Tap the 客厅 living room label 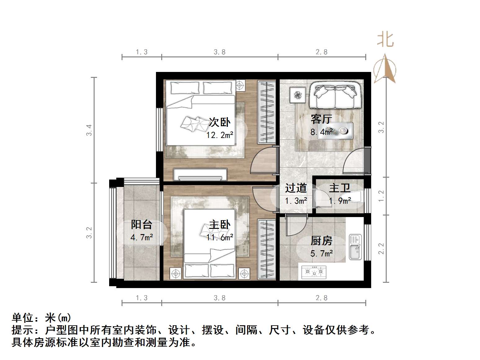pyautogui.click(x=321, y=119)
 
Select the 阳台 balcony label pyautogui.click(x=141, y=224)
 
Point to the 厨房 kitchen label pyautogui.click(x=322, y=241)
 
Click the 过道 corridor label pyautogui.click(x=296, y=188)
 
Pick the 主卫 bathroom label pyautogui.click(x=340, y=188)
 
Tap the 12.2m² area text pyautogui.click(x=220, y=135)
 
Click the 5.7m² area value pyautogui.click(x=322, y=254)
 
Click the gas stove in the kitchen pyautogui.click(x=313, y=272)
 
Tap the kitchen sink pyautogui.click(x=355, y=247)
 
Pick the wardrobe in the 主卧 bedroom pyautogui.click(x=267, y=249)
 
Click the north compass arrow pyautogui.click(x=385, y=69)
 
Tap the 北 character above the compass pyautogui.click(x=385, y=40)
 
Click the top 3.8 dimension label pyautogui.click(x=220, y=52)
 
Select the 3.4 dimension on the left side pyautogui.click(x=89, y=130)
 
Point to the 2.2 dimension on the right pyautogui.click(x=381, y=248)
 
